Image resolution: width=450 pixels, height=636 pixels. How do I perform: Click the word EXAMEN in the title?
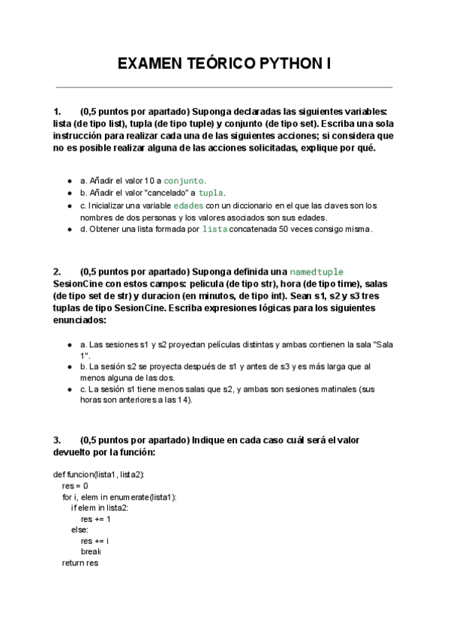(148, 64)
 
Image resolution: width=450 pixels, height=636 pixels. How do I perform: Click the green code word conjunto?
(184, 181)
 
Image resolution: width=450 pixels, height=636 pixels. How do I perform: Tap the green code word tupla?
(210, 193)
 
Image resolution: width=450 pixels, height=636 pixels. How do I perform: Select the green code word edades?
(187, 205)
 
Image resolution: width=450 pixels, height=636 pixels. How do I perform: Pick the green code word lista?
(215, 229)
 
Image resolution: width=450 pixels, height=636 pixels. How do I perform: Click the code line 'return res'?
(80, 562)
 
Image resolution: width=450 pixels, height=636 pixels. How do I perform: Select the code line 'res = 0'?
(75, 485)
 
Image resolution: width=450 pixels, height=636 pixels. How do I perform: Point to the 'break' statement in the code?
(90, 550)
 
